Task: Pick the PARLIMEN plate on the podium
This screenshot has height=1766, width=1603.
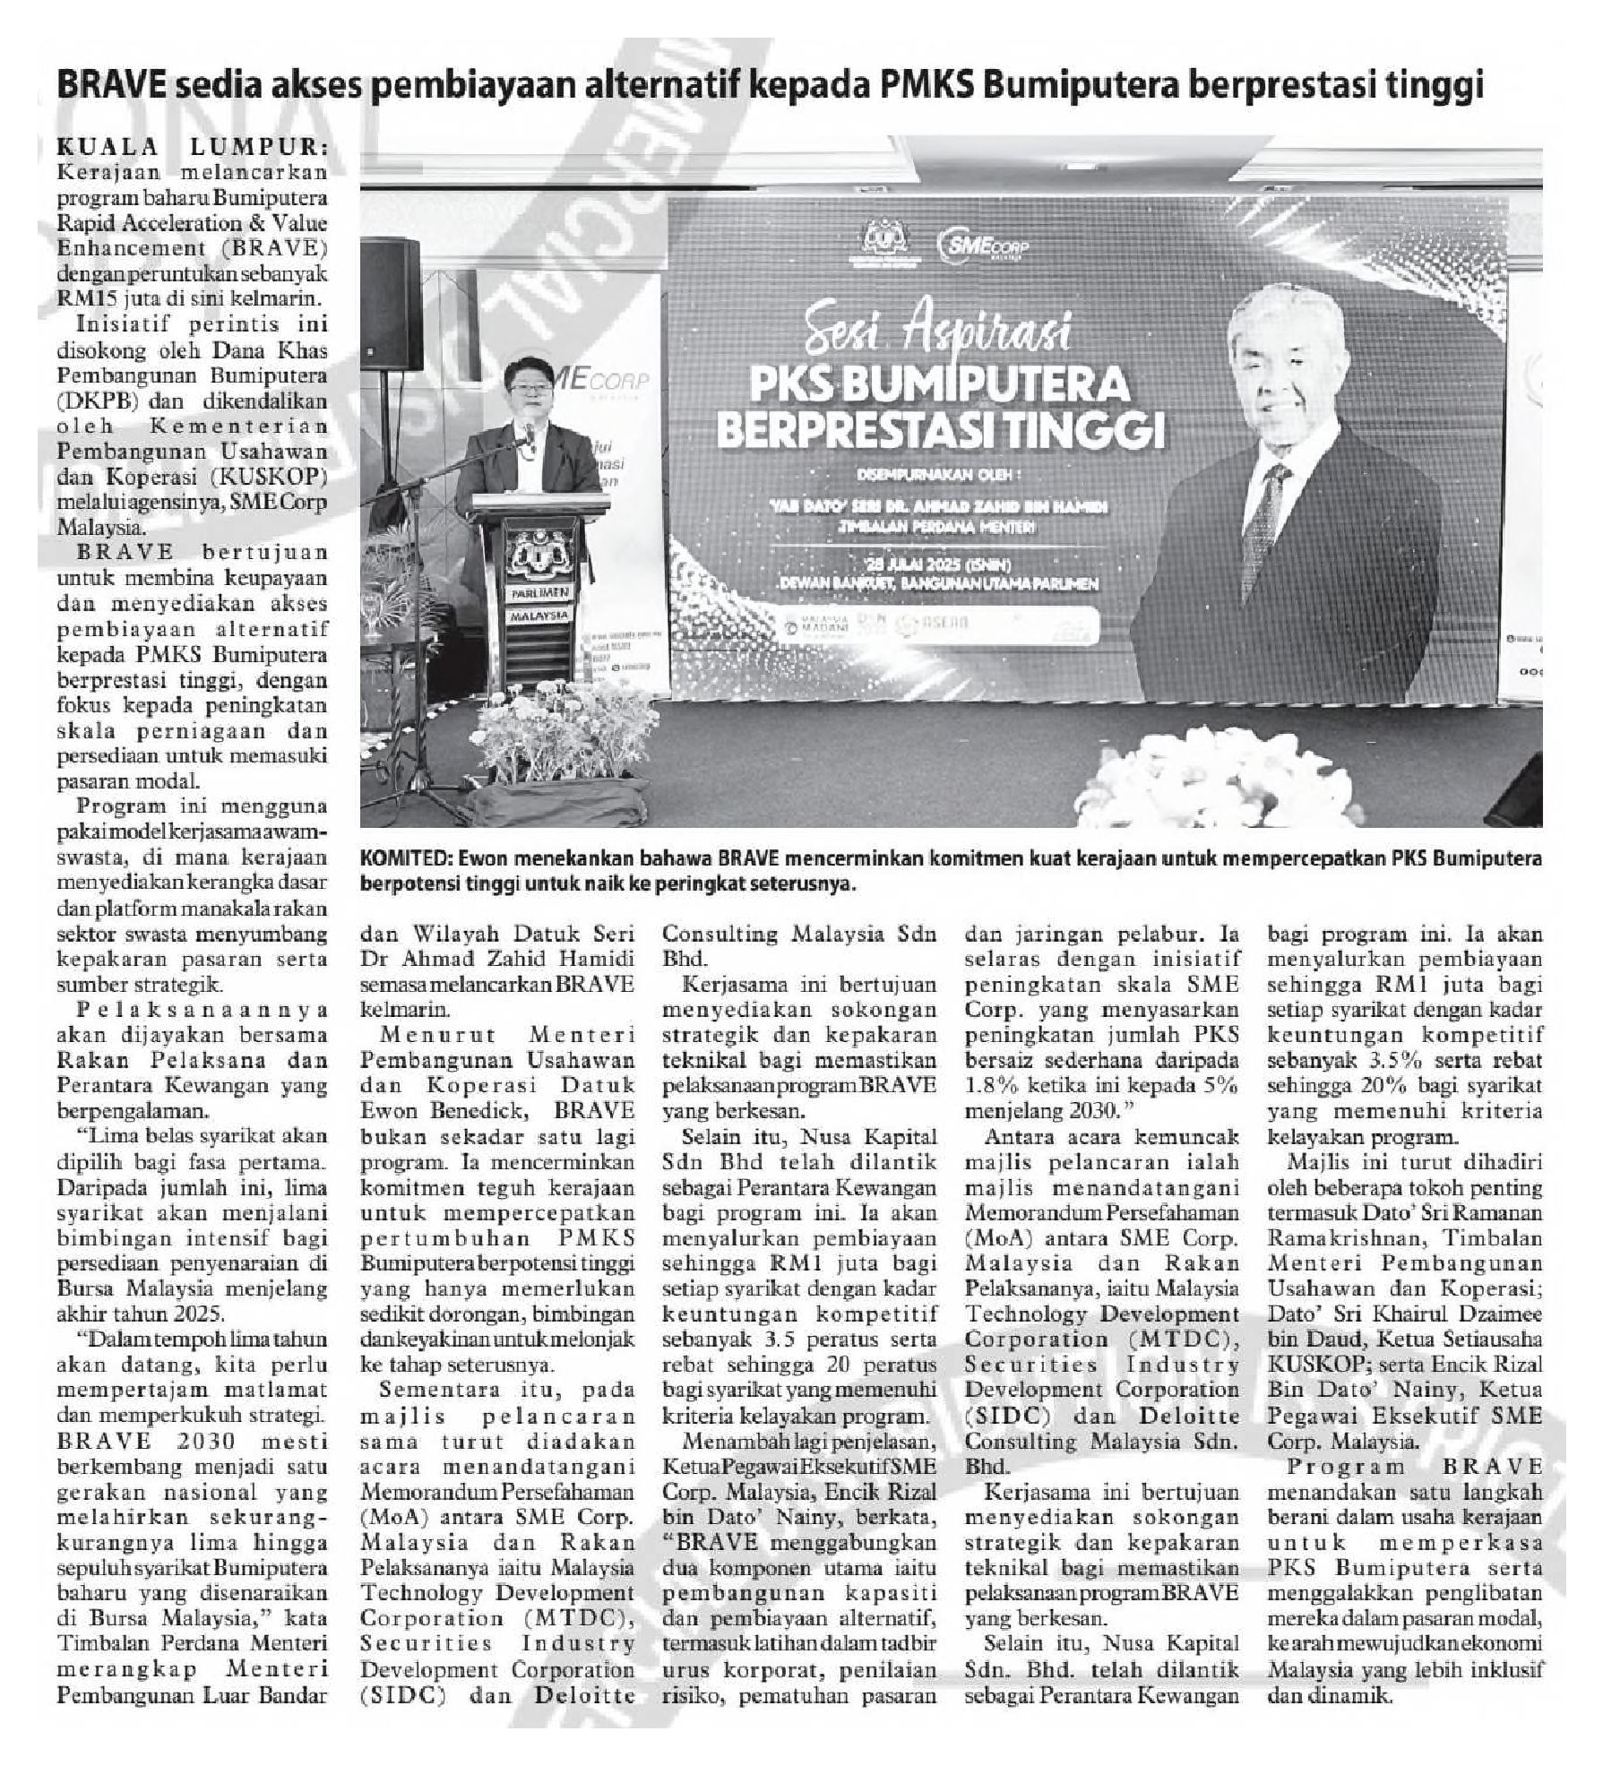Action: click(x=540, y=592)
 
